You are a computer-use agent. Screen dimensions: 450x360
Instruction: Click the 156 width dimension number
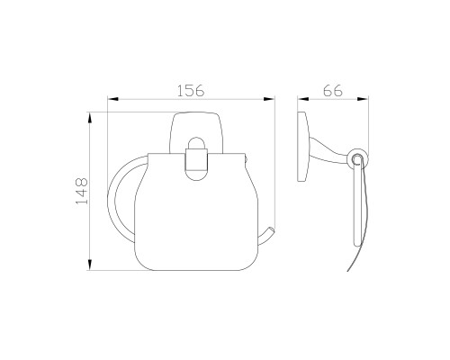click(191, 90)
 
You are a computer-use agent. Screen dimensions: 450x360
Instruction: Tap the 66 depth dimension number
click(333, 90)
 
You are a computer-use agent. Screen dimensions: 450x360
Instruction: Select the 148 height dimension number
click(82, 191)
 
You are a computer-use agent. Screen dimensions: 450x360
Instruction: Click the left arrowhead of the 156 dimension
click(113, 99)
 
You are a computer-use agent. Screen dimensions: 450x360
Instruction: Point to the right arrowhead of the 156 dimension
click(269, 99)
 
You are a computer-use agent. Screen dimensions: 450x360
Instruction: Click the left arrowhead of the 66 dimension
click(303, 99)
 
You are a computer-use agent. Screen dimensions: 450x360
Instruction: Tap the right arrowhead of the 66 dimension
click(363, 99)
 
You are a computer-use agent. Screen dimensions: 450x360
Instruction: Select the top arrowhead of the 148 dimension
click(89, 118)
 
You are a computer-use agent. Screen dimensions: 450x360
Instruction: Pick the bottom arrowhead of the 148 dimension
click(89, 265)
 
